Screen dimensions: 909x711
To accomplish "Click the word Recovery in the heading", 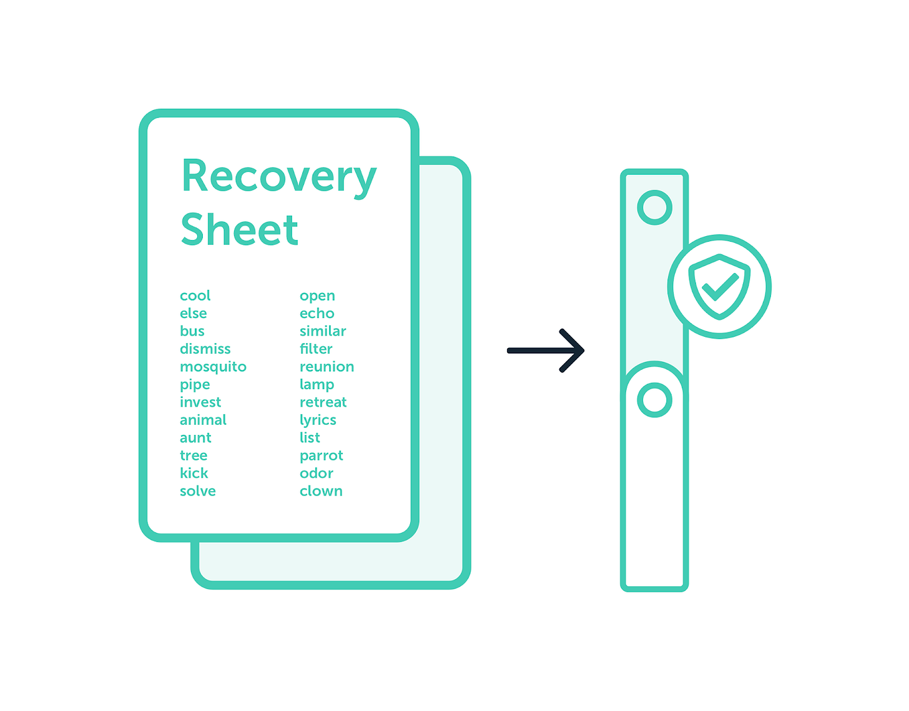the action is (x=278, y=177).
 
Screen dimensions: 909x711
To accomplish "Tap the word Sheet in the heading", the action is (x=239, y=230).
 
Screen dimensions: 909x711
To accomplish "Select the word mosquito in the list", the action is (x=213, y=367).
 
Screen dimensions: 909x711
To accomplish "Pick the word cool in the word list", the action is (x=195, y=296).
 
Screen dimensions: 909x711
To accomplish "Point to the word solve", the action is (x=197, y=491).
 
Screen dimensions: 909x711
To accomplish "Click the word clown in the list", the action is (x=321, y=491).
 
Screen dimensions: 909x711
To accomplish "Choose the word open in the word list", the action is (x=317, y=296).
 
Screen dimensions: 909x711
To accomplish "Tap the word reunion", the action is (x=327, y=367).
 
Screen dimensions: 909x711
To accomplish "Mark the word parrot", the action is (x=321, y=456).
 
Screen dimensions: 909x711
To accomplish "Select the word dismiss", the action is (x=205, y=349).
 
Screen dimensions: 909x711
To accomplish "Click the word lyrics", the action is (x=318, y=420).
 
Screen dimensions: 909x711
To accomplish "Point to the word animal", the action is (x=203, y=420).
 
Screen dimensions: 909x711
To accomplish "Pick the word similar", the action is (x=323, y=331).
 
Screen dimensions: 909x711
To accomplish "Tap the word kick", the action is (x=194, y=473).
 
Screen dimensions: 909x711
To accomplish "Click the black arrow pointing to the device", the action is (x=546, y=351).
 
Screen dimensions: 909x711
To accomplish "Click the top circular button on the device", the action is (x=654, y=207).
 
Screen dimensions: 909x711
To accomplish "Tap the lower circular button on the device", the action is (x=654, y=400).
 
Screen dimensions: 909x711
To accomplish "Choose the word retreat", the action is (x=323, y=402).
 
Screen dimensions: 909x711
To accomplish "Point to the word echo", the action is (x=317, y=313).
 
